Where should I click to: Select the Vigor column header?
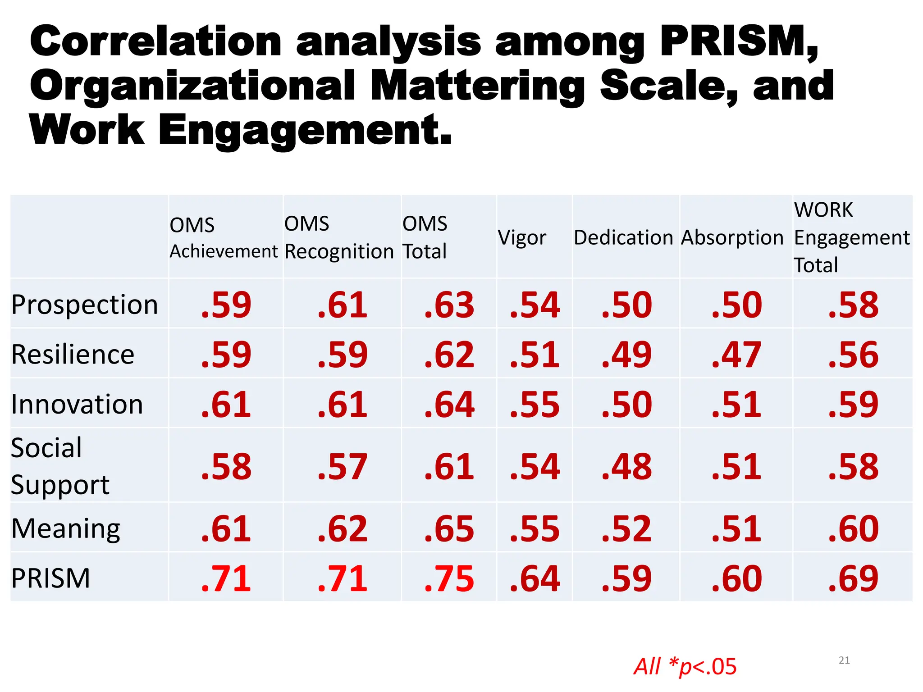click(522, 237)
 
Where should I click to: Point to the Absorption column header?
click(732, 237)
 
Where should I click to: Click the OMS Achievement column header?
click(224, 238)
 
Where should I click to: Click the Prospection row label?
click(85, 305)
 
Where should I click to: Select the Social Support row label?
click(60, 466)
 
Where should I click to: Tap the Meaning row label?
click(66, 528)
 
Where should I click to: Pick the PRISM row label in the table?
click(50, 578)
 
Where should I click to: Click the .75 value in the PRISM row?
click(449, 578)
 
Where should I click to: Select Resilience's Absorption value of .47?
click(736, 355)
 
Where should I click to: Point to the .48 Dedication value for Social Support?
click(626, 466)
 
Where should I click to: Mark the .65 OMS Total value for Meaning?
click(449, 528)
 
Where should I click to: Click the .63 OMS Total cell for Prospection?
click(449, 305)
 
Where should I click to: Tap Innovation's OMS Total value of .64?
click(449, 404)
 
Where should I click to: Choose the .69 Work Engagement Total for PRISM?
click(853, 578)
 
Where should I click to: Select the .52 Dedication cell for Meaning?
click(626, 528)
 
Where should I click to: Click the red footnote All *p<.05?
click(685, 666)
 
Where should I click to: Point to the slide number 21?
click(844, 660)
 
